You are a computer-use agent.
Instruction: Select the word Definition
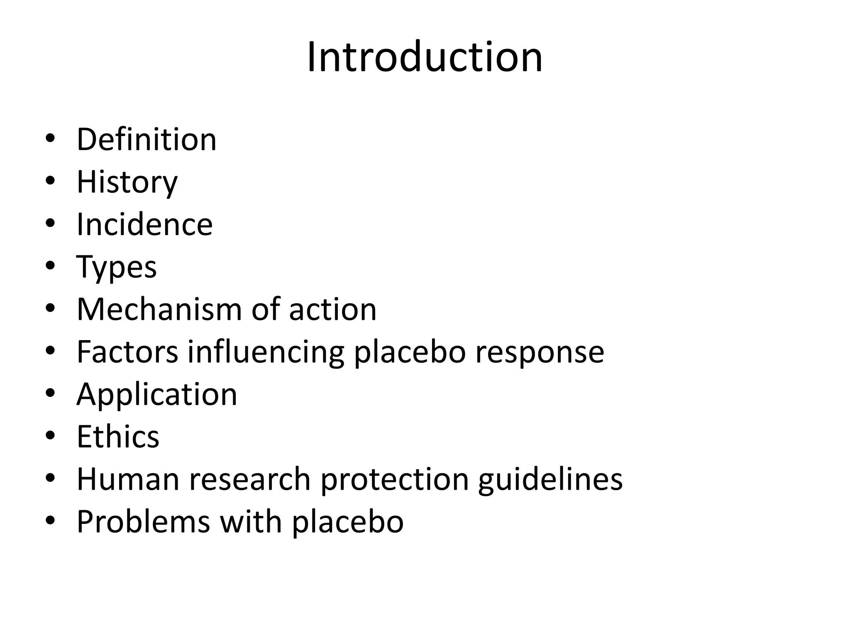(147, 139)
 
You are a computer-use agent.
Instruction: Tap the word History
(127, 182)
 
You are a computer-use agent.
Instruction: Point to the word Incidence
(144, 224)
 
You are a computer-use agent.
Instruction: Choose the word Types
(117, 267)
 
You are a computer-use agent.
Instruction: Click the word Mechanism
(159, 309)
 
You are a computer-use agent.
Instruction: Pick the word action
(332, 309)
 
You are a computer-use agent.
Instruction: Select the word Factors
(127, 352)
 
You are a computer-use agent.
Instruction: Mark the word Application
(157, 395)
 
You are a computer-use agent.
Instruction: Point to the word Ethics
(118, 437)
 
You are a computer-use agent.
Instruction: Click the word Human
(128, 479)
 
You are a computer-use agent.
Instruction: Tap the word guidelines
(550, 479)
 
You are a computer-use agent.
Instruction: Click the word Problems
(143, 522)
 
